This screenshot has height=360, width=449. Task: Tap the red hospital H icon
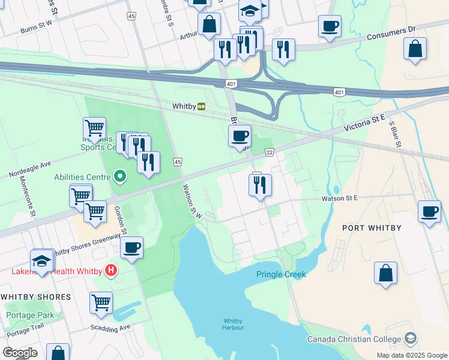pyautogui.click(x=110, y=271)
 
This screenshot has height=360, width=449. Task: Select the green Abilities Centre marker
pyautogui.click(x=120, y=176)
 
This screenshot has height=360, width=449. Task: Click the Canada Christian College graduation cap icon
pyautogui.click(x=410, y=339)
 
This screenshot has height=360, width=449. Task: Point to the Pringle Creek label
pyautogui.click(x=281, y=274)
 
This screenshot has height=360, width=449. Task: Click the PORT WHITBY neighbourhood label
pyautogui.click(x=370, y=227)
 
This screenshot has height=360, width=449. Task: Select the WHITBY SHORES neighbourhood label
pyautogui.click(x=35, y=297)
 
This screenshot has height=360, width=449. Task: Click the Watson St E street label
pyautogui.click(x=339, y=197)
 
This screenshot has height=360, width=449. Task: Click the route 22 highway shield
pyautogui.click(x=270, y=153)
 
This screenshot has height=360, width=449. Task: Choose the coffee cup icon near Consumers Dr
pyautogui.click(x=329, y=26)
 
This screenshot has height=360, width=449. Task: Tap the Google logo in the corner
pyautogui.click(x=20, y=353)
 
